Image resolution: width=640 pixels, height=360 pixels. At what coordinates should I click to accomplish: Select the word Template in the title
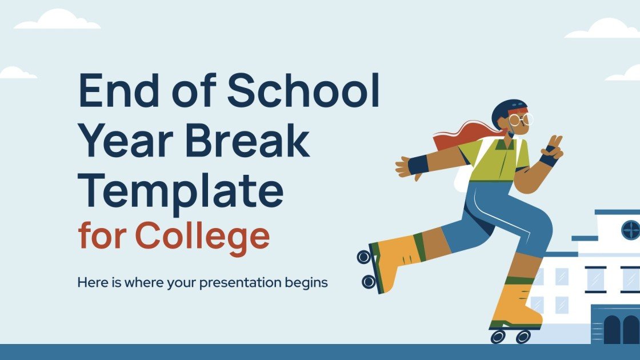tap(181, 190)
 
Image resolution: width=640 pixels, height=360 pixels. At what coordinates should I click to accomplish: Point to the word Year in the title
tap(126, 142)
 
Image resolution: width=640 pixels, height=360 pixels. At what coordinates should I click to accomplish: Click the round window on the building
tap(630, 230)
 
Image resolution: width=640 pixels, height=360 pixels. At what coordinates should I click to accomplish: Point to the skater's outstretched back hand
tap(405, 166)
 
